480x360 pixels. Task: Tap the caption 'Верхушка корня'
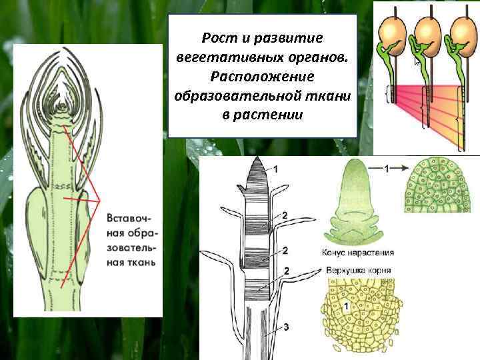click(x=359, y=271)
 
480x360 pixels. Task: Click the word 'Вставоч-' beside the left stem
click(x=129, y=219)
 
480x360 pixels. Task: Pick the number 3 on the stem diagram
click(x=285, y=327)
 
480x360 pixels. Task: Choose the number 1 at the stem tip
click(x=276, y=169)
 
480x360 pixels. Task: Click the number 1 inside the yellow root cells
click(x=345, y=306)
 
